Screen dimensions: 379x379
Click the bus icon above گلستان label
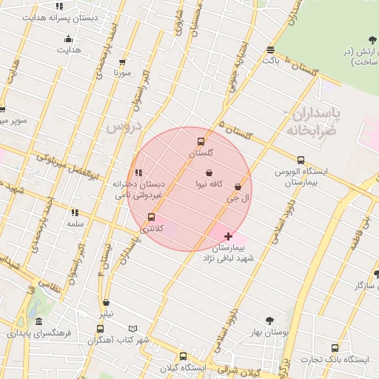[200, 141]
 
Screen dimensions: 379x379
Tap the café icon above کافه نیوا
[210, 172]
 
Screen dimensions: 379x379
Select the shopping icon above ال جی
[238, 187]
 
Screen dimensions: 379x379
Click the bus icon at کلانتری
[152, 217]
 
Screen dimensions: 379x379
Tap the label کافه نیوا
[210, 184]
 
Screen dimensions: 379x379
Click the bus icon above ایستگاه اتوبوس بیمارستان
[301, 160]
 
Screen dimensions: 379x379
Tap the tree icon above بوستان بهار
[269, 321]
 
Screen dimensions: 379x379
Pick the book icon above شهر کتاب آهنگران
[133, 329]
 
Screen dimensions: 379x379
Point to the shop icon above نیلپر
[107, 303]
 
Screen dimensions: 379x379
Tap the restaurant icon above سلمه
[75, 212]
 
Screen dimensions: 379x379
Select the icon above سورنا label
[122, 63]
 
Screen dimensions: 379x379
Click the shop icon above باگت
[270, 50]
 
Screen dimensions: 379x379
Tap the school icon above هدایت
[69, 39]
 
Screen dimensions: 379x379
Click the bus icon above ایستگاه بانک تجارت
[335, 348]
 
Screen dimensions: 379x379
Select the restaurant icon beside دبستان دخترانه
[138, 172]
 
